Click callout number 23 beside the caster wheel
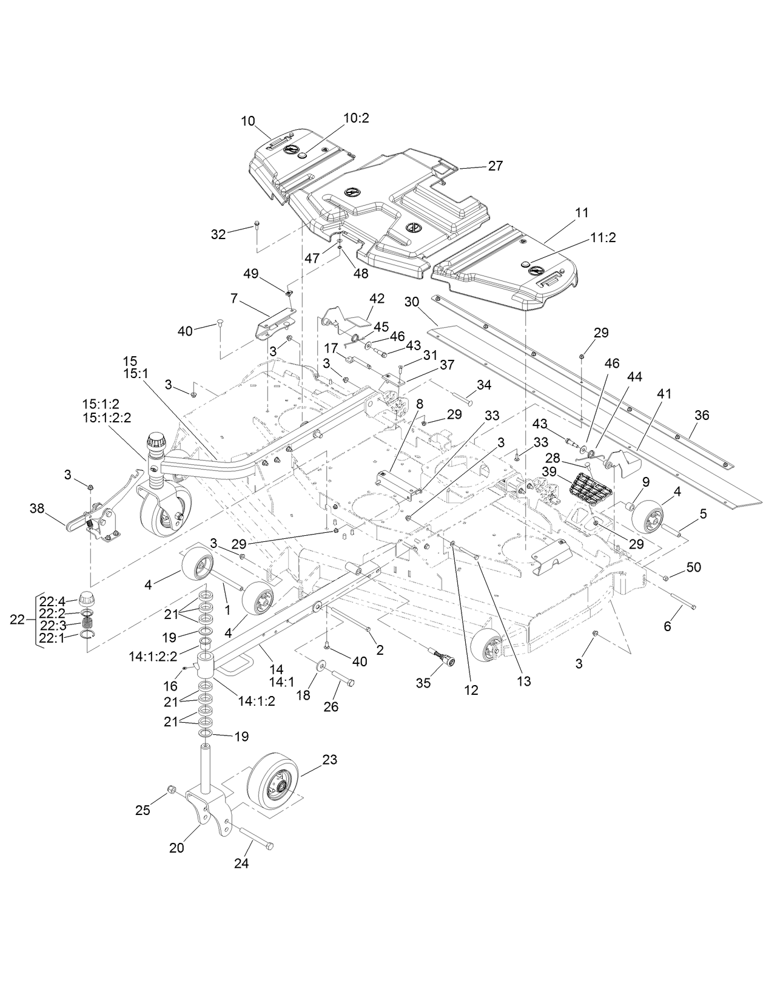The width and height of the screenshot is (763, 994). click(x=330, y=760)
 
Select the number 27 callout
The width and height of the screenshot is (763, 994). click(x=495, y=166)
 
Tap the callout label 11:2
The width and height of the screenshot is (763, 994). click(x=602, y=238)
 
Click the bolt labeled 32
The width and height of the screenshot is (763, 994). click(x=257, y=226)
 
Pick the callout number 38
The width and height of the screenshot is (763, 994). click(x=37, y=509)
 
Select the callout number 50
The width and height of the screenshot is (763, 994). click(x=693, y=567)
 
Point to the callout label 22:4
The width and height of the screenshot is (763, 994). click(x=53, y=601)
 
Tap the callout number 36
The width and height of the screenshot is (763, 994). click(x=702, y=416)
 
